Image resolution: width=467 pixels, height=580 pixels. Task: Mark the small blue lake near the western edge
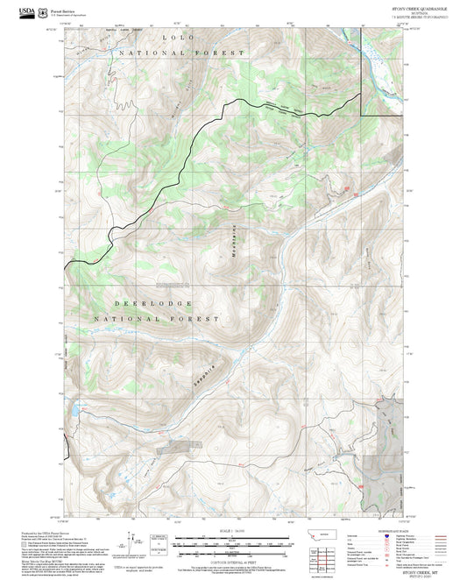coord(76,407)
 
